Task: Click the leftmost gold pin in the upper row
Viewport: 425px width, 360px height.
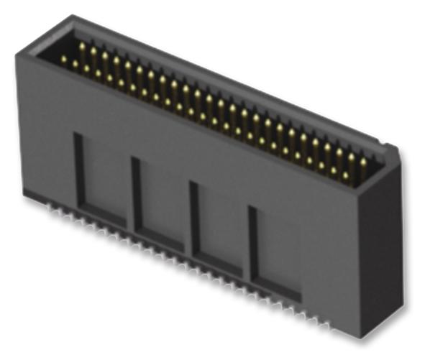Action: pos(81,47)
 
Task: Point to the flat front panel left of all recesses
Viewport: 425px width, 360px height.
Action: pos(45,137)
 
